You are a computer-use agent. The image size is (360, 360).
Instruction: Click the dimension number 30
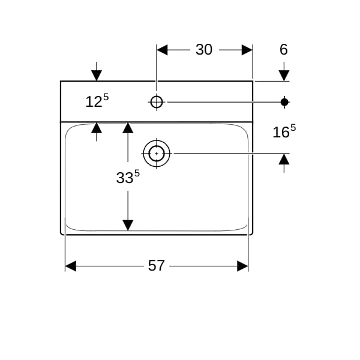tap(204, 49)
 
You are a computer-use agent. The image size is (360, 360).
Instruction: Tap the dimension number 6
tap(284, 49)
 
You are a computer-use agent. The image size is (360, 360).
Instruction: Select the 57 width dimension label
tap(156, 265)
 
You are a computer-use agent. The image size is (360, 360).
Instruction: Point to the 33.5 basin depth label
tap(128, 177)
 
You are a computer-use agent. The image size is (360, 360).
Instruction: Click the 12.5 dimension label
tap(97, 101)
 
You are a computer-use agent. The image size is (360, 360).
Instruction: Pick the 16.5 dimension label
tap(284, 131)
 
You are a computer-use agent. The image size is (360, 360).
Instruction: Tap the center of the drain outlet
tap(157, 154)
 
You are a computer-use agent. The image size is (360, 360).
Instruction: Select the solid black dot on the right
tap(284, 102)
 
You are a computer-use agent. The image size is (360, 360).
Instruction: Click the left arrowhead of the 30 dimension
tap(162, 50)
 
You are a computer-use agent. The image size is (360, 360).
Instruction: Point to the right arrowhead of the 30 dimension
tap(247, 50)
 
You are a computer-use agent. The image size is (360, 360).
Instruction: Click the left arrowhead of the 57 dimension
tap(71, 266)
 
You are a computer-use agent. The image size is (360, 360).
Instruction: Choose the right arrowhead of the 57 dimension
tap(242, 266)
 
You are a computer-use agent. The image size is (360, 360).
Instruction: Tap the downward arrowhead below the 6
tap(284, 76)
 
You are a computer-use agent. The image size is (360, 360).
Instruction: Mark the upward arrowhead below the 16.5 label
tap(284, 159)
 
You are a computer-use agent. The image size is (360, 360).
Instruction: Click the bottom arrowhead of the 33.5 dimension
tap(128, 225)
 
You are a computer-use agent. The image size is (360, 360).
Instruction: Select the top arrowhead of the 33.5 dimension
tap(128, 128)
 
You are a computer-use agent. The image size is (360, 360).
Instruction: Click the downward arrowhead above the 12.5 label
tap(97, 76)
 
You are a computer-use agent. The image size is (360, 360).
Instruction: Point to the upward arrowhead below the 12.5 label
tap(97, 128)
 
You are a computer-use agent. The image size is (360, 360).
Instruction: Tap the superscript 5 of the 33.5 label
tap(137, 173)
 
